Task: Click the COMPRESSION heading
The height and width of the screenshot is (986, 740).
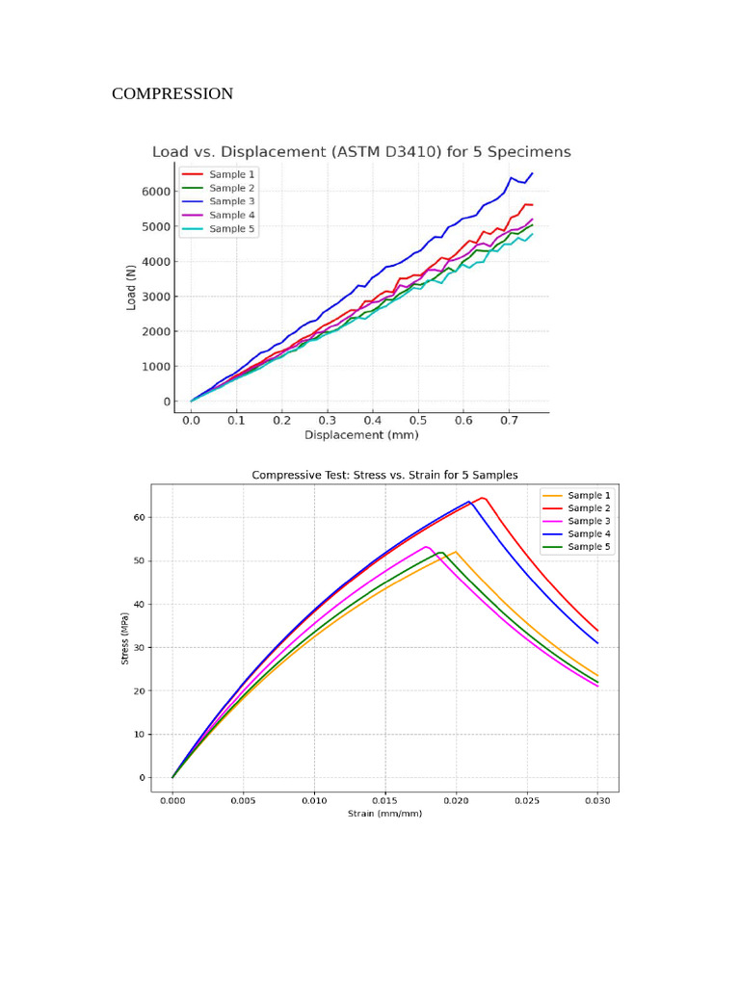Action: pos(172,93)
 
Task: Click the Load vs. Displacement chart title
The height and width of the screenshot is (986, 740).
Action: pos(361,152)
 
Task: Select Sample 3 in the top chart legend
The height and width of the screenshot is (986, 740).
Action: pos(231,201)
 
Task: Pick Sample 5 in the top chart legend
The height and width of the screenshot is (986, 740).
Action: pos(231,229)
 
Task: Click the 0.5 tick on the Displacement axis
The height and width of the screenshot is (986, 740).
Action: pos(418,421)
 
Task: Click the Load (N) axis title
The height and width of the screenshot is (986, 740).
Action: pos(131,288)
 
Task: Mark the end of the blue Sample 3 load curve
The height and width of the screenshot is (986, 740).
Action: pos(532,173)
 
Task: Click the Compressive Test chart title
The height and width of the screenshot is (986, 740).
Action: pos(384,475)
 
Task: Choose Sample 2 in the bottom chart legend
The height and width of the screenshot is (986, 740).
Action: pos(588,508)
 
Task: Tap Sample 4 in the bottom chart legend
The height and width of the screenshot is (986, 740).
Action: pos(588,533)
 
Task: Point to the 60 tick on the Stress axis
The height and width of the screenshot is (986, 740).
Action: pos(139,518)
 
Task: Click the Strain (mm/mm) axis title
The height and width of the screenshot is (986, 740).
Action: pos(384,814)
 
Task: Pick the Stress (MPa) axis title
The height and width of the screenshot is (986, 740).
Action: pos(125,641)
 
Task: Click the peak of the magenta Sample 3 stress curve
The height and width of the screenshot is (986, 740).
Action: pos(426,547)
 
